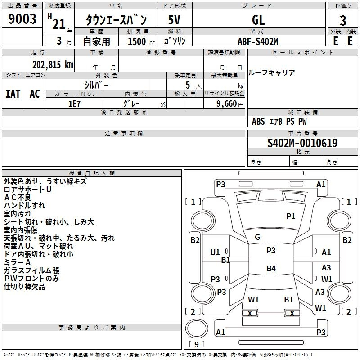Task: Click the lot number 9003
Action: click(22, 20)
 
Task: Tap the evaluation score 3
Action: click(343, 20)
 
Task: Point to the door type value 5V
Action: click(175, 20)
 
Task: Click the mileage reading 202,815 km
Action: click(52, 64)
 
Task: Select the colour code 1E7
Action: click(74, 103)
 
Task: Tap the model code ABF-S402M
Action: click(258, 41)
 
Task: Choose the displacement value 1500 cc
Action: click(137, 41)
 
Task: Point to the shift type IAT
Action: click(13, 94)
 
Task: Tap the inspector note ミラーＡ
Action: click(17, 262)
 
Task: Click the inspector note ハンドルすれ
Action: click(24, 206)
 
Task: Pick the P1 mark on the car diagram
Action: click(291, 216)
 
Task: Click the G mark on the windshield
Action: click(257, 237)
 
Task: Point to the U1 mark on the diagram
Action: click(215, 252)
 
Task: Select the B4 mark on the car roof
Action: click(271, 269)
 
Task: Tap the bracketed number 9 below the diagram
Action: click(196, 345)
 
